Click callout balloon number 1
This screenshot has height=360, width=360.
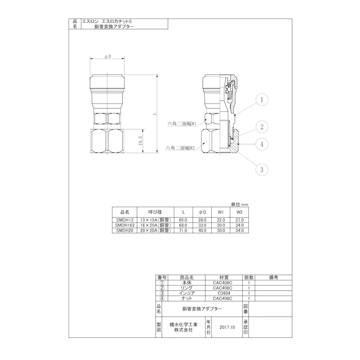262,100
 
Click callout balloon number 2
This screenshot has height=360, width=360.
262,126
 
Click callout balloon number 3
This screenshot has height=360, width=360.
262,169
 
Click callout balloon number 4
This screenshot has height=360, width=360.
262,144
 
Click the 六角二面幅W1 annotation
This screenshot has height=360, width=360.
182,123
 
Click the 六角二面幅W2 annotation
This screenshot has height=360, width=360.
181,148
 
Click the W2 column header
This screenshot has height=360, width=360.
239,212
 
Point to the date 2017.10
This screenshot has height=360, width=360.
228,327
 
